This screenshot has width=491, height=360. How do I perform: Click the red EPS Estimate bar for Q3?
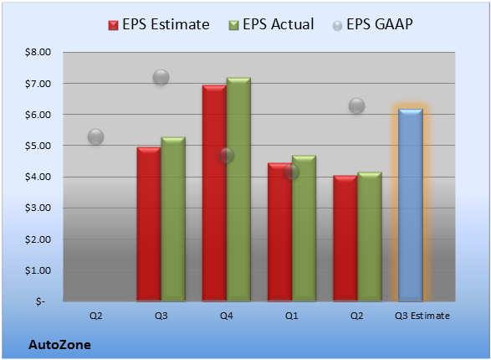click(149, 224)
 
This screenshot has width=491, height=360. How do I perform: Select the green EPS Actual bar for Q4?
click(238, 189)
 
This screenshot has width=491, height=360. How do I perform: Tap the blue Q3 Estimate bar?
click(411, 205)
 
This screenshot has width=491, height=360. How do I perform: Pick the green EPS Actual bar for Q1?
click(304, 228)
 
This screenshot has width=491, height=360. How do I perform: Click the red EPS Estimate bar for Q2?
click(345, 238)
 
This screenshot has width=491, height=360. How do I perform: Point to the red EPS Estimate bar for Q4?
click(214, 193)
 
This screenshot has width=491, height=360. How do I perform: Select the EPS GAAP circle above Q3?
click(161, 77)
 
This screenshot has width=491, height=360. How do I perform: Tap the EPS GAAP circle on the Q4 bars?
click(226, 155)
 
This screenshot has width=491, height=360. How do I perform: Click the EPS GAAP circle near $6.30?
click(356, 105)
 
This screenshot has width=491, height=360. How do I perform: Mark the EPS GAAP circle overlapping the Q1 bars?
click(292, 172)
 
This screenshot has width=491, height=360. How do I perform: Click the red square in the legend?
click(114, 25)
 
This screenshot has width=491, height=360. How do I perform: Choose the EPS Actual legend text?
click(278, 24)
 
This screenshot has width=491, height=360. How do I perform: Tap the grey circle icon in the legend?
click(337, 26)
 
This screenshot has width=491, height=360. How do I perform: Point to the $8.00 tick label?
click(38, 52)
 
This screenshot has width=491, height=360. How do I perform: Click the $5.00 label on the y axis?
click(38, 146)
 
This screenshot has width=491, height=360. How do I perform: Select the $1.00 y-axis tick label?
click(38, 270)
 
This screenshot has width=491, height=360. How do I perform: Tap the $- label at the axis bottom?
click(40, 301)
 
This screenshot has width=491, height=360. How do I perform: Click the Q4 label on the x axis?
click(227, 316)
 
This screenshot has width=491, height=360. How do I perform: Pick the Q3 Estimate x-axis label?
click(422, 316)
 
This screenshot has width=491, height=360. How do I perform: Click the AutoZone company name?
click(60, 345)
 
